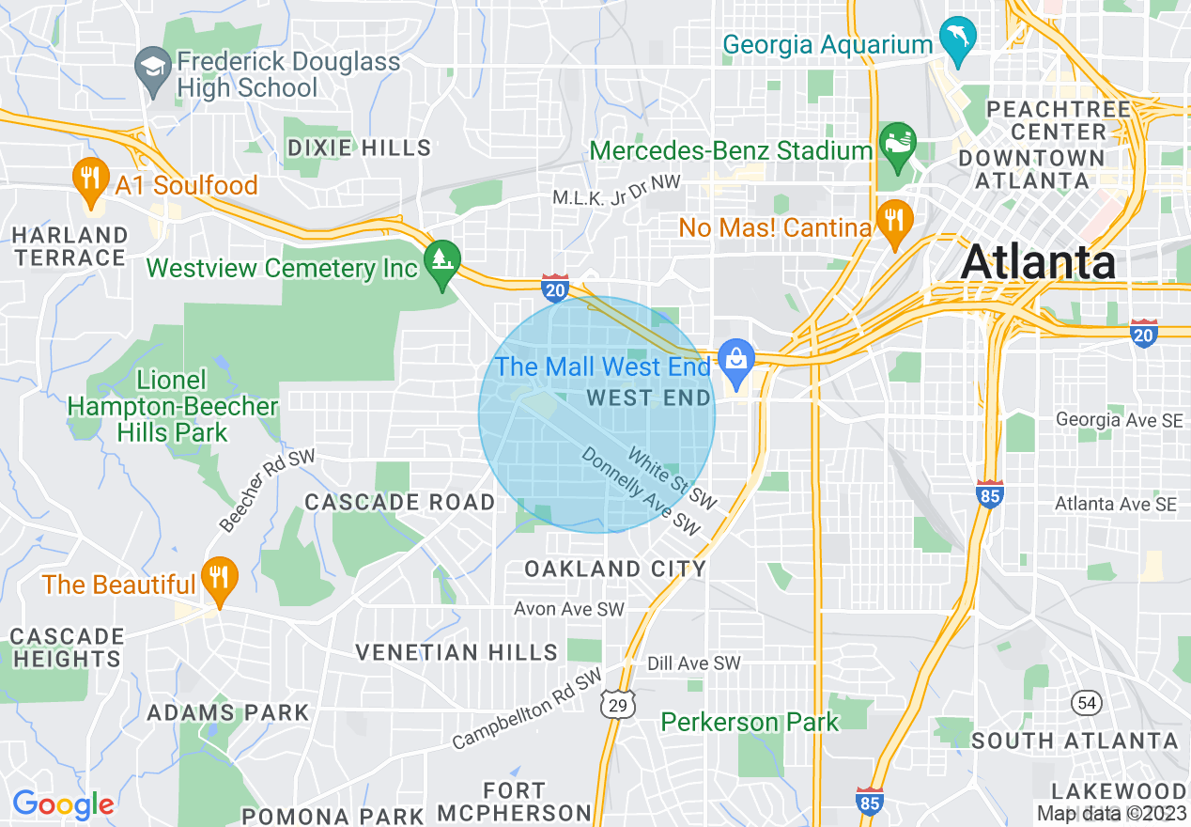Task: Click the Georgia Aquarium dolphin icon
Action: [x=958, y=40]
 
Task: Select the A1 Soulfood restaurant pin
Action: [x=90, y=180]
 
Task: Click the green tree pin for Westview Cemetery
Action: [x=441, y=261]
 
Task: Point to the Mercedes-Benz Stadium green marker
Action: [x=897, y=145]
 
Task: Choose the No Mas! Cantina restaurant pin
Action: [x=893, y=222]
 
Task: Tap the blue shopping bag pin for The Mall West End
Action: [x=736, y=361]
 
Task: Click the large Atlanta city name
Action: [x=1038, y=261]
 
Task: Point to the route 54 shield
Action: [x=1087, y=702]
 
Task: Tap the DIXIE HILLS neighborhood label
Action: [x=359, y=148]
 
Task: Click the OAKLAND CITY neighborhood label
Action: [x=614, y=569]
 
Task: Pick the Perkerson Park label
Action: [x=750, y=722]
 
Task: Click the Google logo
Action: [x=63, y=804]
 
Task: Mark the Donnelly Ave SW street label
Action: [x=642, y=492]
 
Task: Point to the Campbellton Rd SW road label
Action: [x=527, y=710]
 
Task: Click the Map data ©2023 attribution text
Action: [x=1111, y=813]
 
